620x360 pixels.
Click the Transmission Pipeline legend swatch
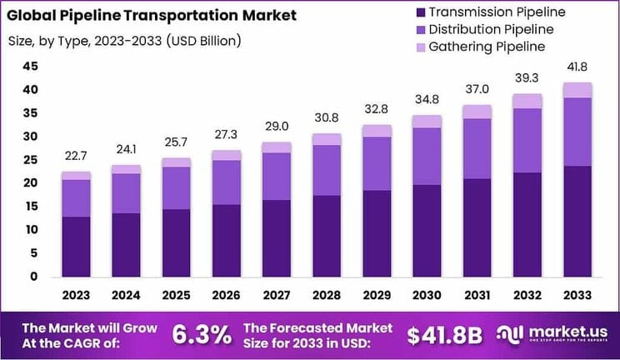pyautogui.click(x=418, y=12)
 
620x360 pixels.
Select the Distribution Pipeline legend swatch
pyautogui.click(x=418, y=30)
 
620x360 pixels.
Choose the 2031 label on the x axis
pyautogui.click(x=477, y=296)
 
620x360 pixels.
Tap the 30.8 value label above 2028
pyautogui.click(x=326, y=118)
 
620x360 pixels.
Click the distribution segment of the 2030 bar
pyautogui.click(x=427, y=156)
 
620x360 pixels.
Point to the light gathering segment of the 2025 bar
pyautogui.click(x=175, y=162)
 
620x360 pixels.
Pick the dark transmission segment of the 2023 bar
pyautogui.click(x=76, y=246)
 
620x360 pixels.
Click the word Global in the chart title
pyautogui.click(x=35, y=15)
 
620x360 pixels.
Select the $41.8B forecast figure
pyautogui.click(x=445, y=335)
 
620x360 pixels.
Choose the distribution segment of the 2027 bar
pyautogui.click(x=276, y=176)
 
